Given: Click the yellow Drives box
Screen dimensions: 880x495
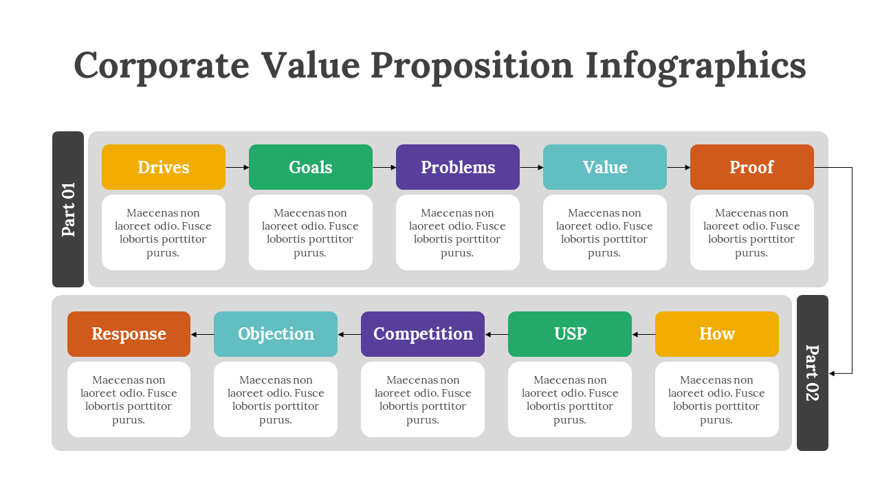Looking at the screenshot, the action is coord(164,167).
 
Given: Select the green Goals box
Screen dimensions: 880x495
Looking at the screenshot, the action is coord(310,167).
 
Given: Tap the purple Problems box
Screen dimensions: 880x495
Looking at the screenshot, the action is coord(458,167).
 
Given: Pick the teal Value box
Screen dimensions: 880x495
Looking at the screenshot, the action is coord(604,167).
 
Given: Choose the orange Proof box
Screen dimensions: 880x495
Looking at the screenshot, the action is coord(752,167).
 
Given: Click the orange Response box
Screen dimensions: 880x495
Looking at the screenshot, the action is coord(129,334).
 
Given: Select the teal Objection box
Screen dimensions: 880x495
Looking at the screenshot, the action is coord(276,334).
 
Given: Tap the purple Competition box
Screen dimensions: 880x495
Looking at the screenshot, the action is coord(423,334).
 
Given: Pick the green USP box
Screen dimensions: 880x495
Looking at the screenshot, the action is coord(570,334).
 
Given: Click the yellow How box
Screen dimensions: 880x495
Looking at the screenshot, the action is coord(717,334).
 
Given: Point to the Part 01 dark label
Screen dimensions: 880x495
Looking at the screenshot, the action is coord(68,209).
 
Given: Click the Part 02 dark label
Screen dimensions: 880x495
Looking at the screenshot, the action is coord(813,373).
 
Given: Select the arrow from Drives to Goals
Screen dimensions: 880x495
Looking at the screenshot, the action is coord(237,167).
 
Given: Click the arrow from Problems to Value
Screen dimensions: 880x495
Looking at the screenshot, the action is coord(531,167).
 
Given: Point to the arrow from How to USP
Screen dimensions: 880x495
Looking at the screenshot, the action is coord(643,334).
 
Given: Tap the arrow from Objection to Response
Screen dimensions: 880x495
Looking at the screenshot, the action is coord(202,334).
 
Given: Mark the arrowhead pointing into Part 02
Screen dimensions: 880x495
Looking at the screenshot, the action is coord(832,373).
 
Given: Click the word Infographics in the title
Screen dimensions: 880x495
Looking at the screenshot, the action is coord(696,66).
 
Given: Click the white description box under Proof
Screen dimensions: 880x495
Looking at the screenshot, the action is coord(752,232).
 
